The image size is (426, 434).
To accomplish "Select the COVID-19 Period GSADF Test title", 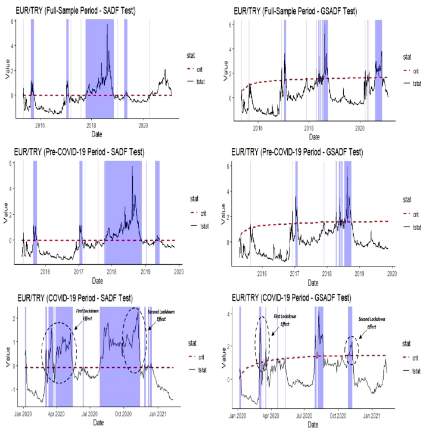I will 290,297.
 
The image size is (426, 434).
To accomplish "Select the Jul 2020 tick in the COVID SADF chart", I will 89,412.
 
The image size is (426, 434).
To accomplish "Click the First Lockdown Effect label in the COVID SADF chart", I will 88,315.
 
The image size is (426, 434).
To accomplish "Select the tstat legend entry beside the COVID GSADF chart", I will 416,370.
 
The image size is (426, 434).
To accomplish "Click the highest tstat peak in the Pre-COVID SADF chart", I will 132,166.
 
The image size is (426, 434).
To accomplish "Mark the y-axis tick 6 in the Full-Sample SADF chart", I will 13,21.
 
